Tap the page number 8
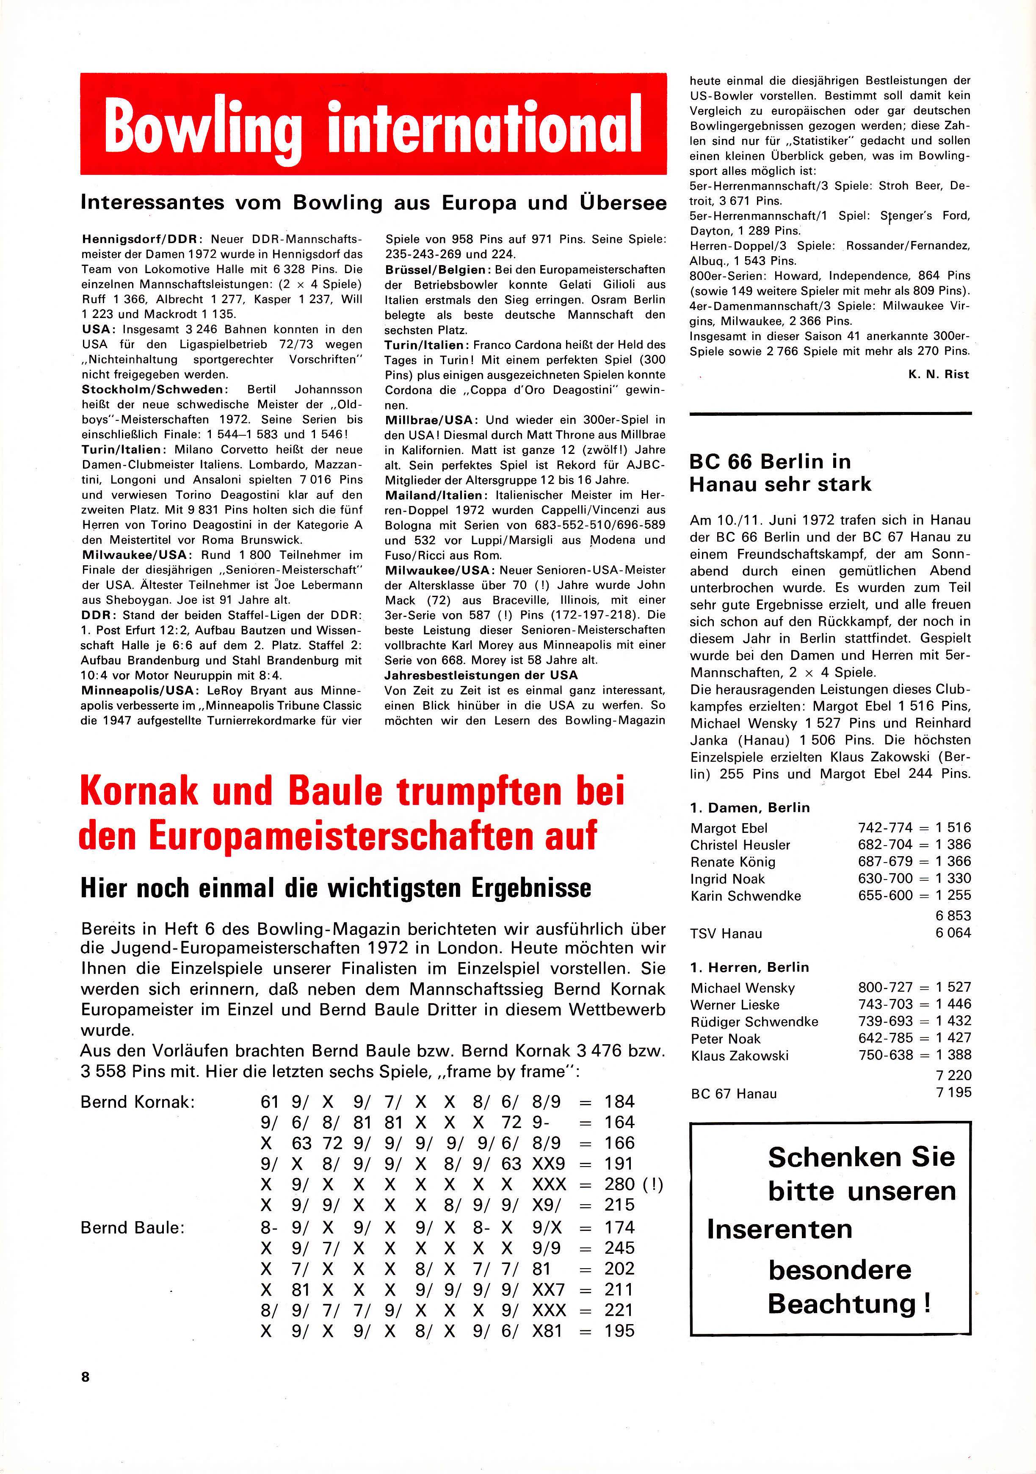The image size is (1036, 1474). [x=86, y=1377]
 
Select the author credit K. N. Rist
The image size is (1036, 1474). [x=939, y=374]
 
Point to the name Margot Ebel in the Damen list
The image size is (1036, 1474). [x=729, y=828]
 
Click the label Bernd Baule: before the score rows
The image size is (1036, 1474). [x=132, y=1228]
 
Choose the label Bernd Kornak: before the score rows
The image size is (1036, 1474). [x=137, y=1102]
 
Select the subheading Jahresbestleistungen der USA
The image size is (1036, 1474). [x=481, y=675]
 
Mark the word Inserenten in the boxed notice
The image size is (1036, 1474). [x=779, y=1229]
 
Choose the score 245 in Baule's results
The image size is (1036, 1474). [x=619, y=1248]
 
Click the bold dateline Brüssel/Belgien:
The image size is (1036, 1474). [x=439, y=270]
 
